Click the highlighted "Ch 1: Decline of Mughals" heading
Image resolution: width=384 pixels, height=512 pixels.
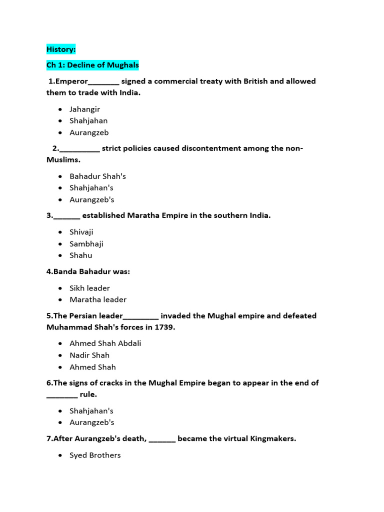92,65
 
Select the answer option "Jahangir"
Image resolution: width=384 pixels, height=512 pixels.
84,109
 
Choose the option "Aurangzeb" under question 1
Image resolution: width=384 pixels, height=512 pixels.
88,132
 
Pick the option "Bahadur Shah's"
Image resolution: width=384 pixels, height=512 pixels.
97,176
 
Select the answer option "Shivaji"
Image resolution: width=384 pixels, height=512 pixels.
81,232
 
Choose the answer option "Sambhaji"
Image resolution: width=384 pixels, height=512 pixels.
86,243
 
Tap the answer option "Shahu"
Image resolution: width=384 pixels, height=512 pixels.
80,255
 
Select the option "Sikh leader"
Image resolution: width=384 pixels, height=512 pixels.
89,288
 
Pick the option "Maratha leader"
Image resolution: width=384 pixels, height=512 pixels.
98,299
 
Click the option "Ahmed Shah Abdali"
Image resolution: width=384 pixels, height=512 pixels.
105,343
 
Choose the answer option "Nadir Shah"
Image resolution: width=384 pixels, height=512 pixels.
89,355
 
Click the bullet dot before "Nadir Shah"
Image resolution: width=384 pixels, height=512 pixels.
60,355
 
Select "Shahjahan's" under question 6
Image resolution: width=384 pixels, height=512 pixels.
91,411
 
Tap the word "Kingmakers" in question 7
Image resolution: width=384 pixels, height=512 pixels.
274,439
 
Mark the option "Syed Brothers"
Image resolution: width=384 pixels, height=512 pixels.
95,455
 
